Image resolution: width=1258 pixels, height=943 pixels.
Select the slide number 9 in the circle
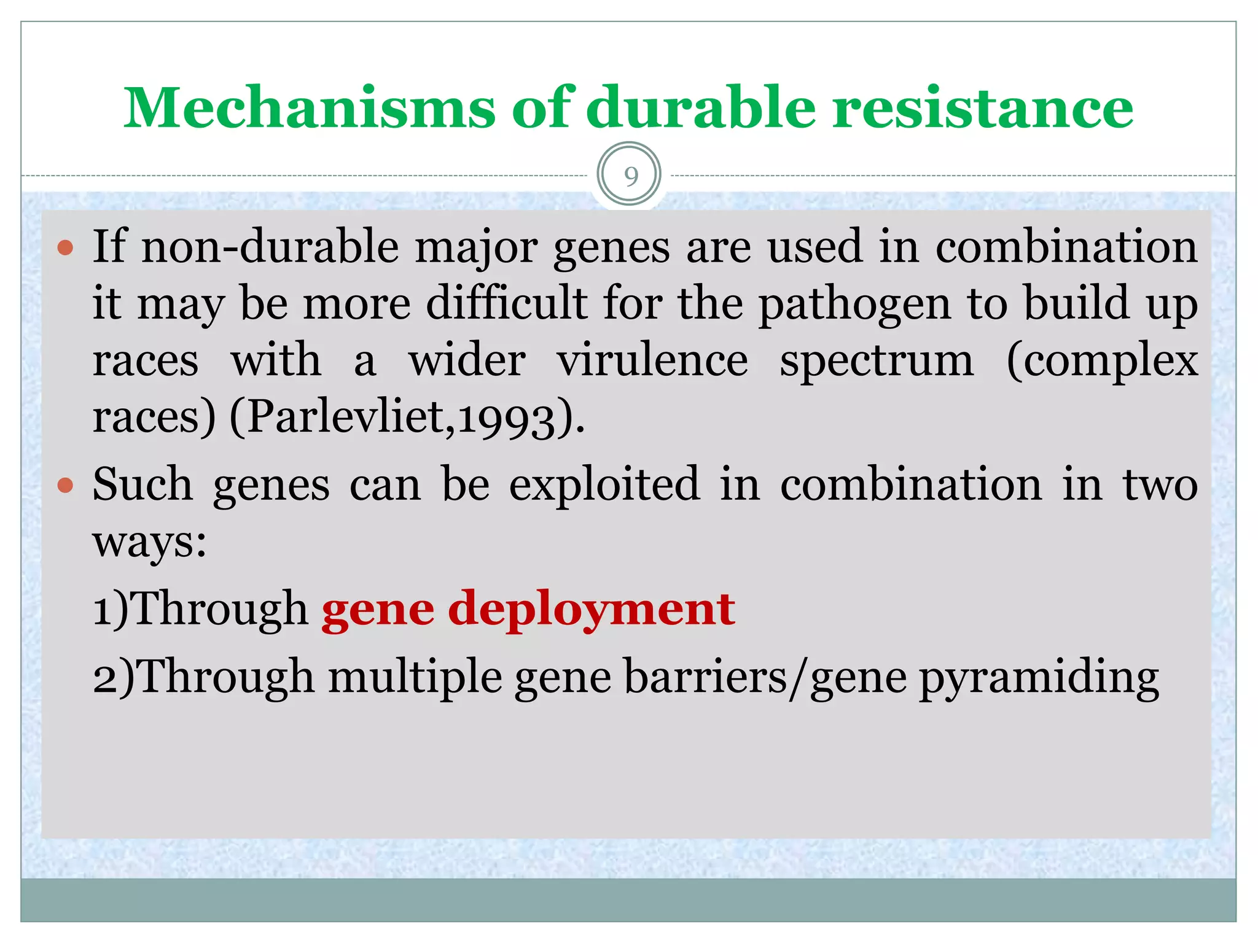coord(630,176)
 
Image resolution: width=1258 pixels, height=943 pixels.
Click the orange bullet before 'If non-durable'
coord(65,248)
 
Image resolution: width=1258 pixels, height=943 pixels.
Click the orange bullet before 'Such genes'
coord(65,486)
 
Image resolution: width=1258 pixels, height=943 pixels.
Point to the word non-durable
coord(270,247)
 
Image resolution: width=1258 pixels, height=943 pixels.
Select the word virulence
coord(652,361)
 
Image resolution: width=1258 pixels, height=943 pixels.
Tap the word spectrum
coord(877,362)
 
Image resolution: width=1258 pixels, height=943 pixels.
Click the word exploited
coord(604,484)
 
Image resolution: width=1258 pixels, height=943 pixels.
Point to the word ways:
coord(149,543)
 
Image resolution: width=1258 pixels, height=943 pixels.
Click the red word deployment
coord(591,610)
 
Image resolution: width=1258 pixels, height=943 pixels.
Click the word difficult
coord(507,303)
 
